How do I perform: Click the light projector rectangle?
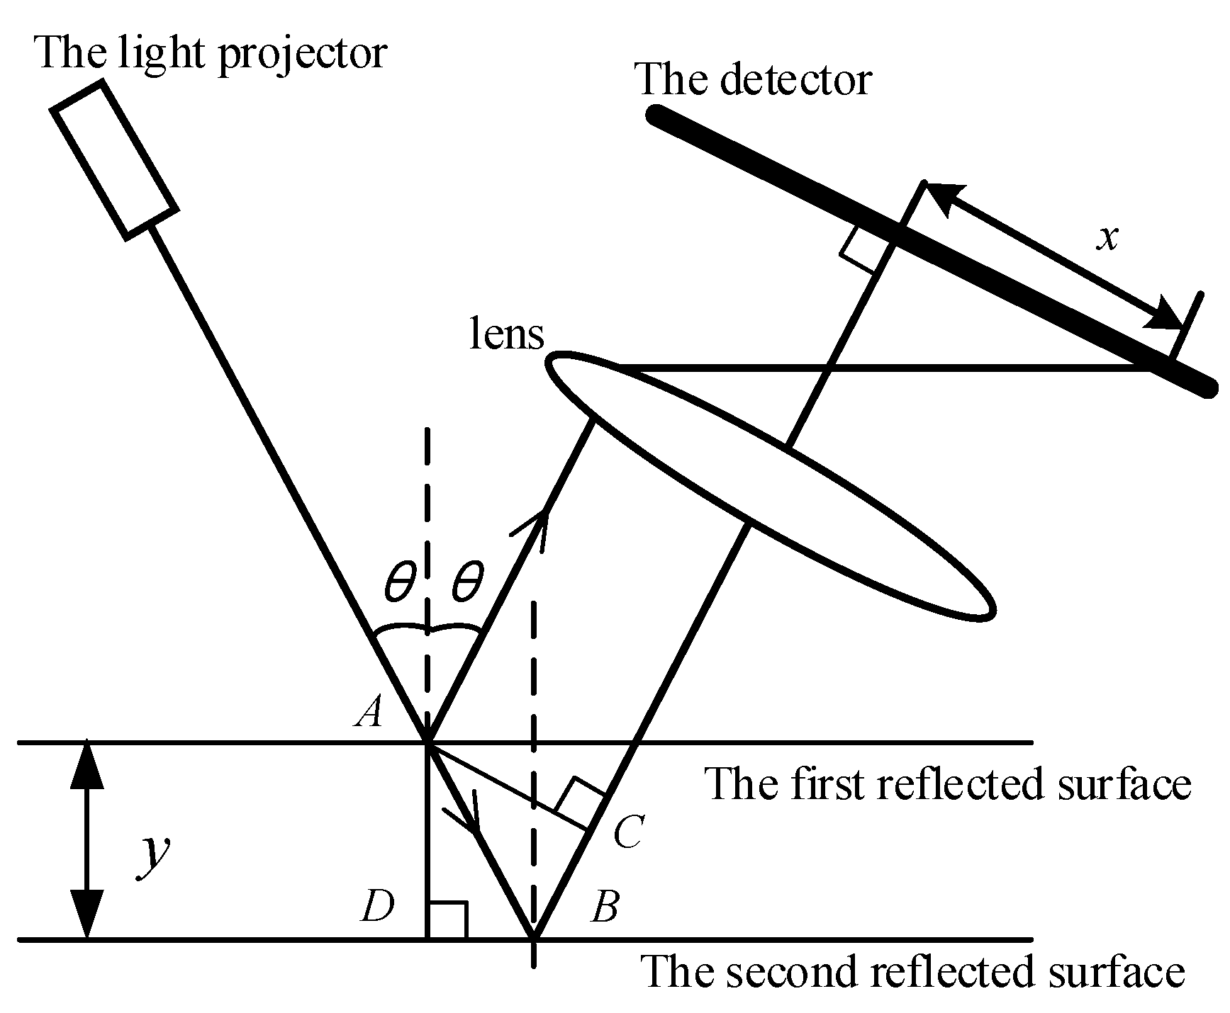tap(114, 159)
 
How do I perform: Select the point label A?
tap(369, 711)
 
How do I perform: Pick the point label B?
tap(604, 906)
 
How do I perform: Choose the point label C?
tap(627, 831)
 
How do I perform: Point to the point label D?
tap(376, 906)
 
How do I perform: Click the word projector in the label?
tap(302, 53)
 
